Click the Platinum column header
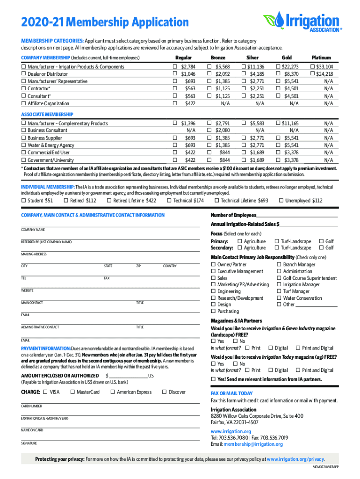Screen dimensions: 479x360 tap(321, 58)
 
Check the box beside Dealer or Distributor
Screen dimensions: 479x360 tap(23, 74)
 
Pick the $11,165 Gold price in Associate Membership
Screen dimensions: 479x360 tap(279, 123)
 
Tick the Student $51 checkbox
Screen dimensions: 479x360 tap(23, 201)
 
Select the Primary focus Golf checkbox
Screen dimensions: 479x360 tap(321, 241)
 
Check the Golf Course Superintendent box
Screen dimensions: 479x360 tap(279, 278)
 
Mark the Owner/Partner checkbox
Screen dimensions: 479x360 tap(213, 265)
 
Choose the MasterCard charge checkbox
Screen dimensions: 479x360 tap(72, 392)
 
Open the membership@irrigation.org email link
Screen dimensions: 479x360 tap(253, 444)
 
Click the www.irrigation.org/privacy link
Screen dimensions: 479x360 tap(295, 459)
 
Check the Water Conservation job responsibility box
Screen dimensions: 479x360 tap(279, 298)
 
